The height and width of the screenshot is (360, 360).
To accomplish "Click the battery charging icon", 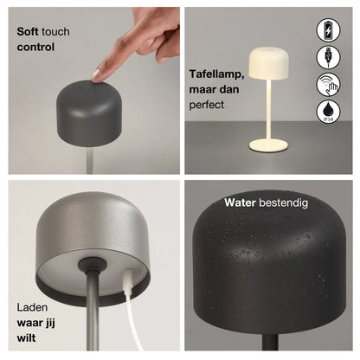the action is tap(328, 30).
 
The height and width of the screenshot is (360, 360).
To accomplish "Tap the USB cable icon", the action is tap(328, 57).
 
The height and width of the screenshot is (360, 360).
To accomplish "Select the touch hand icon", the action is tap(328, 85).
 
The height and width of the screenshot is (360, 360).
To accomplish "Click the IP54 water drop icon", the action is tap(328, 112).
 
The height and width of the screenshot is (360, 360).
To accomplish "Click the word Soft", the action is tap(28, 31).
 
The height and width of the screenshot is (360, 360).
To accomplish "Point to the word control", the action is tap(35, 47).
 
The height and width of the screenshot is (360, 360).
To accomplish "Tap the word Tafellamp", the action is tap(216, 74).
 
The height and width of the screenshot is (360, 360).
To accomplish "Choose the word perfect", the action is tap(207, 105).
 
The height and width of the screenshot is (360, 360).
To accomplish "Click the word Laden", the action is tap(32, 307).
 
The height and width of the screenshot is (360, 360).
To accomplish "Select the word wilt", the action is tap(26, 337).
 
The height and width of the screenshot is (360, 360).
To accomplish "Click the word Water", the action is tap(240, 202).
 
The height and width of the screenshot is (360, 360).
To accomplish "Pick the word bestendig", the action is tap(283, 202).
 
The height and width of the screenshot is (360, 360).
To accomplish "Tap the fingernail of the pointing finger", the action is tap(95, 74).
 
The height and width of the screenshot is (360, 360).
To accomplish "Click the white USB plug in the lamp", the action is tap(128, 280).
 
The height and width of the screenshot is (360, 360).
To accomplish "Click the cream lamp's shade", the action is tap(268, 63).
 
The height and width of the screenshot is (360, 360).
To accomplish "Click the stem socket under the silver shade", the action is tap(92, 264).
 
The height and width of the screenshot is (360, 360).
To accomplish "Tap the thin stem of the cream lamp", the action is tap(268, 110).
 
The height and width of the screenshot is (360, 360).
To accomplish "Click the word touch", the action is tap(55, 31).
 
